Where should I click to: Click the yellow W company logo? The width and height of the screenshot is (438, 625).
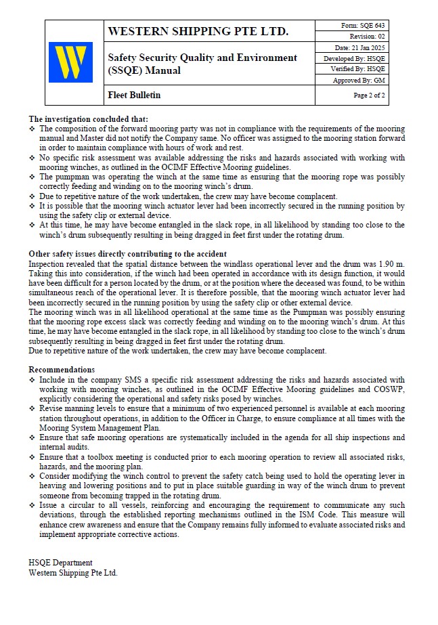[70, 62]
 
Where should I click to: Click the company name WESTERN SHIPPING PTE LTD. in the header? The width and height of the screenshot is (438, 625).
[198, 32]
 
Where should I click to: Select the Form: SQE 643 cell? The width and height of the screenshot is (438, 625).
[363, 26]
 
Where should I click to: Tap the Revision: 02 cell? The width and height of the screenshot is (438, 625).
[367, 37]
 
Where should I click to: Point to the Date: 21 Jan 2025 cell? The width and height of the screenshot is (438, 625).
[359, 47]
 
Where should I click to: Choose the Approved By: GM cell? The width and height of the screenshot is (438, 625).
[359, 80]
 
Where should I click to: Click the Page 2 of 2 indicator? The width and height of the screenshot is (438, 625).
[369, 95]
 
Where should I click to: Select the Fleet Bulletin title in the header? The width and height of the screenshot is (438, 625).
[134, 95]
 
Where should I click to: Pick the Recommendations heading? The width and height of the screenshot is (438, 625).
[62, 370]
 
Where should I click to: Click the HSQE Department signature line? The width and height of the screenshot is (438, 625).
[60, 563]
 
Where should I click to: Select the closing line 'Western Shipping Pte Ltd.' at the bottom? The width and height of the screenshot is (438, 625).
[72, 572]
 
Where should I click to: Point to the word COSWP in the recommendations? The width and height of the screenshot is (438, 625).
[389, 390]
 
